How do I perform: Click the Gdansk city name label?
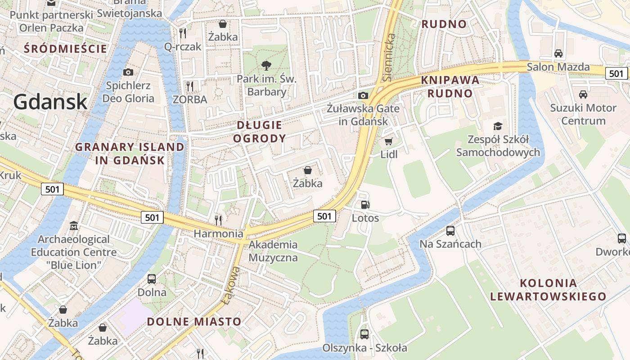click(50, 102)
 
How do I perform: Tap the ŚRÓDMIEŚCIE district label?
click(66, 49)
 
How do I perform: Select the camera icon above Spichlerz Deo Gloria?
click(128, 72)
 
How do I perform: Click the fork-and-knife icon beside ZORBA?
click(190, 86)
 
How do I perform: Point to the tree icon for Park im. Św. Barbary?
click(266, 66)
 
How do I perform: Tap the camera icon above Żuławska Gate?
click(363, 95)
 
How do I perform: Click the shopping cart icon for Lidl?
click(389, 141)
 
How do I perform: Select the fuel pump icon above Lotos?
click(365, 205)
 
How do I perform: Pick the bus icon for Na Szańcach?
click(450, 231)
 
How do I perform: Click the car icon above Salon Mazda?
click(558, 54)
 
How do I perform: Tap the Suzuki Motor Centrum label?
click(583, 114)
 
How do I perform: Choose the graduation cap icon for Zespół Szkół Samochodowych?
click(498, 126)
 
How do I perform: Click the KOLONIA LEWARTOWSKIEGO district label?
click(548, 290)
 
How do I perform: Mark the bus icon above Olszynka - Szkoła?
click(364, 334)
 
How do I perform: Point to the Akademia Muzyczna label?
click(273, 251)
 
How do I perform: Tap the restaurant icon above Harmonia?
click(218, 220)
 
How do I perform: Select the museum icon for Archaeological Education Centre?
click(74, 225)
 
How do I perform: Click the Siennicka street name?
click(390, 58)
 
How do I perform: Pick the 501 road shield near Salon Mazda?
click(616, 73)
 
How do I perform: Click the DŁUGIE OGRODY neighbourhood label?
click(260, 131)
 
